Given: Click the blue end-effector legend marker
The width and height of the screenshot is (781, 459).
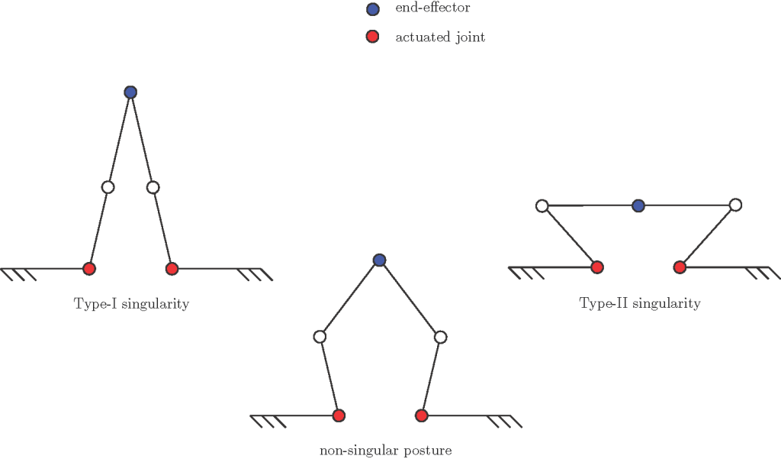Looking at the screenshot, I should tap(373, 10).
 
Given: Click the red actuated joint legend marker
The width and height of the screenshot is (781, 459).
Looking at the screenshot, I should tap(373, 37).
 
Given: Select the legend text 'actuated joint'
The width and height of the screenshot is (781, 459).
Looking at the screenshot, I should tap(440, 37).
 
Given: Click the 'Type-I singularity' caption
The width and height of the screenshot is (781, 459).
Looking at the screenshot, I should tap(131, 304).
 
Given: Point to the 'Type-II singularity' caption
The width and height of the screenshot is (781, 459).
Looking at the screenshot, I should tap(640, 303).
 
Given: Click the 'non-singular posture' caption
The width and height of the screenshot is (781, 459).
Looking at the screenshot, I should tap(385, 450).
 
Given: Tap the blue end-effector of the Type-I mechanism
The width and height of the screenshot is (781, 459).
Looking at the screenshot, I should tap(130, 92).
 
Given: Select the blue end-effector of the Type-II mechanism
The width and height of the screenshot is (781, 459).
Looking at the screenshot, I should tap(639, 205).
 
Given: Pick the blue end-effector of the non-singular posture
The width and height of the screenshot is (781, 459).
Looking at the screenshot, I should tap(379, 260).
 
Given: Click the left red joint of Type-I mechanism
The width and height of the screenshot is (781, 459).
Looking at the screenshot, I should tap(89, 269).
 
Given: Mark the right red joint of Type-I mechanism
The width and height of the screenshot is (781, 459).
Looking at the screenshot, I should tap(172, 269).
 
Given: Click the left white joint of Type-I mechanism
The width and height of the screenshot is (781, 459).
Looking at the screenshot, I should tap(108, 187).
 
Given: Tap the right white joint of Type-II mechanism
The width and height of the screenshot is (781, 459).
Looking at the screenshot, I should tap(735, 205).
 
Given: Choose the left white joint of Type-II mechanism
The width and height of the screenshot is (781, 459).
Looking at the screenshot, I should tap(542, 205).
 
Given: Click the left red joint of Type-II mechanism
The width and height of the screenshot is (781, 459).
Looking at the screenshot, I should tap(597, 267).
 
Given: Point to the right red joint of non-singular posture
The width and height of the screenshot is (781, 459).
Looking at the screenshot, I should tap(421, 415).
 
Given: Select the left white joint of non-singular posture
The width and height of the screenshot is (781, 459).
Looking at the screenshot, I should tap(320, 337).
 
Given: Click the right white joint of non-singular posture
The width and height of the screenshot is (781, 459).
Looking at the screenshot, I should tap(439, 337).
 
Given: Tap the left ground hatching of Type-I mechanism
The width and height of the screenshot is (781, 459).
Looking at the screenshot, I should tap(19, 274).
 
